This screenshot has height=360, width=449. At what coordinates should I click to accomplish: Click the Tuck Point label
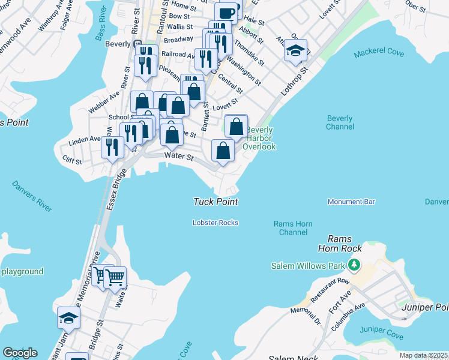pos(215,202)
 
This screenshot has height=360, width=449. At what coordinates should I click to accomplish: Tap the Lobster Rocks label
pos(215,223)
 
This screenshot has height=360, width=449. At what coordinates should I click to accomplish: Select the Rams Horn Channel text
pos(294,228)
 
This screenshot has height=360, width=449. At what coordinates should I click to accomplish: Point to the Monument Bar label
pos(351,202)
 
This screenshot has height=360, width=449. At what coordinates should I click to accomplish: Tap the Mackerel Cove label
pos(379,53)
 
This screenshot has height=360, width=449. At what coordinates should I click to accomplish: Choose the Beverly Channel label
pos(340,122)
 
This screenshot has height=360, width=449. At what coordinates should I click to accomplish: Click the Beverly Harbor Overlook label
pos(260,139)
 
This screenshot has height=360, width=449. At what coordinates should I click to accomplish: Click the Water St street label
pos(179,157)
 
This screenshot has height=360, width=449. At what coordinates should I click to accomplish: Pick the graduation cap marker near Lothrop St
pos(295,51)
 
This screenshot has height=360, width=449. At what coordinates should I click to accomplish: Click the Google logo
pos(20,353)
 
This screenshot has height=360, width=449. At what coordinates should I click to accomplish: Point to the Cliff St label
pos(71,160)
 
